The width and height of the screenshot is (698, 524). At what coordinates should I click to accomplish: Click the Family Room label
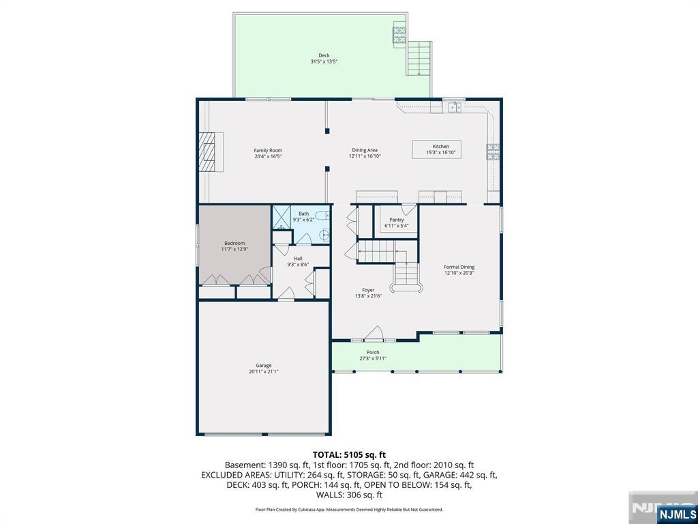pos(268,151)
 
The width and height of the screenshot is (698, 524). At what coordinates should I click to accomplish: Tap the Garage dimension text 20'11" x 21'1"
pos(264,372)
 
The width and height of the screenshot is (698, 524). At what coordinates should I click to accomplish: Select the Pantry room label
pos(397,220)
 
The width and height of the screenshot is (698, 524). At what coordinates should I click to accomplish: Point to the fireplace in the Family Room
pos(211,152)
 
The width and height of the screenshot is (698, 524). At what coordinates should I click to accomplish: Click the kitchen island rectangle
pos(436,149)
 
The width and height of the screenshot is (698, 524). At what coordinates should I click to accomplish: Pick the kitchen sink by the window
pos(454,107)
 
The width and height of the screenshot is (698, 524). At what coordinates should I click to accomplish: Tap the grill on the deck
pos(399,35)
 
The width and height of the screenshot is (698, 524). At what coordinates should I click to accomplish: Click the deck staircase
pos(419,59)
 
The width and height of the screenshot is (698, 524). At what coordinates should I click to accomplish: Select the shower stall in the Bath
pos(281,218)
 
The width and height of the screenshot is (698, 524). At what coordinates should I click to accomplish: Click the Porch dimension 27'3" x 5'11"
pos(373,358)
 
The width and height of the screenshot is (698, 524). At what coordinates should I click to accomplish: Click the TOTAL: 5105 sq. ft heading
pos(349,455)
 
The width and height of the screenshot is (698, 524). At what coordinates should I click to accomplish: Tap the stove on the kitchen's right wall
pos(493,152)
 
